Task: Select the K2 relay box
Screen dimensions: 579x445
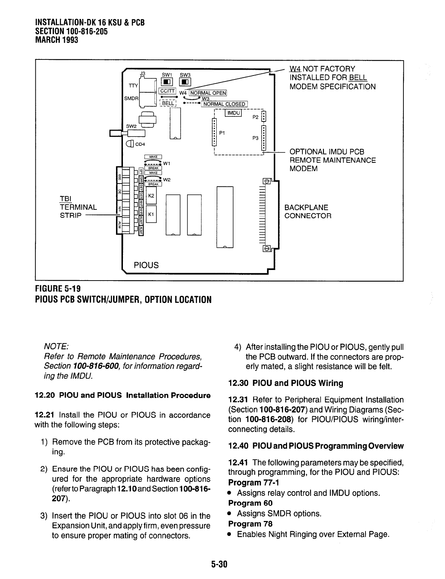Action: pyautogui.click(x=151, y=196)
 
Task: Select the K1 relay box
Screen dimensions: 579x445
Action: pyautogui.click(x=151, y=214)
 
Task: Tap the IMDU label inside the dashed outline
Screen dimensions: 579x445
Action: pyautogui.click(x=233, y=113)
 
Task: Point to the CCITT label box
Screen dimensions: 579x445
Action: pyautogui.click(x=168, y=91)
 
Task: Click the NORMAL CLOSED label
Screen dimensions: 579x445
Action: pyautogui.click(x=224, y=104)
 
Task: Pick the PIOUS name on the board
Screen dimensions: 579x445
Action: pyautogui.click(x=146, y=265)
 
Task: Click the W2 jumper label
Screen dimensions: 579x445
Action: pyautogui.click(x=167, y=180)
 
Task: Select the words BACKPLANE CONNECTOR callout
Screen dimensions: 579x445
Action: pyautogui.click(x=308, y=212)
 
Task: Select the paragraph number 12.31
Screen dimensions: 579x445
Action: pyautogui.click(x=238, y=400)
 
